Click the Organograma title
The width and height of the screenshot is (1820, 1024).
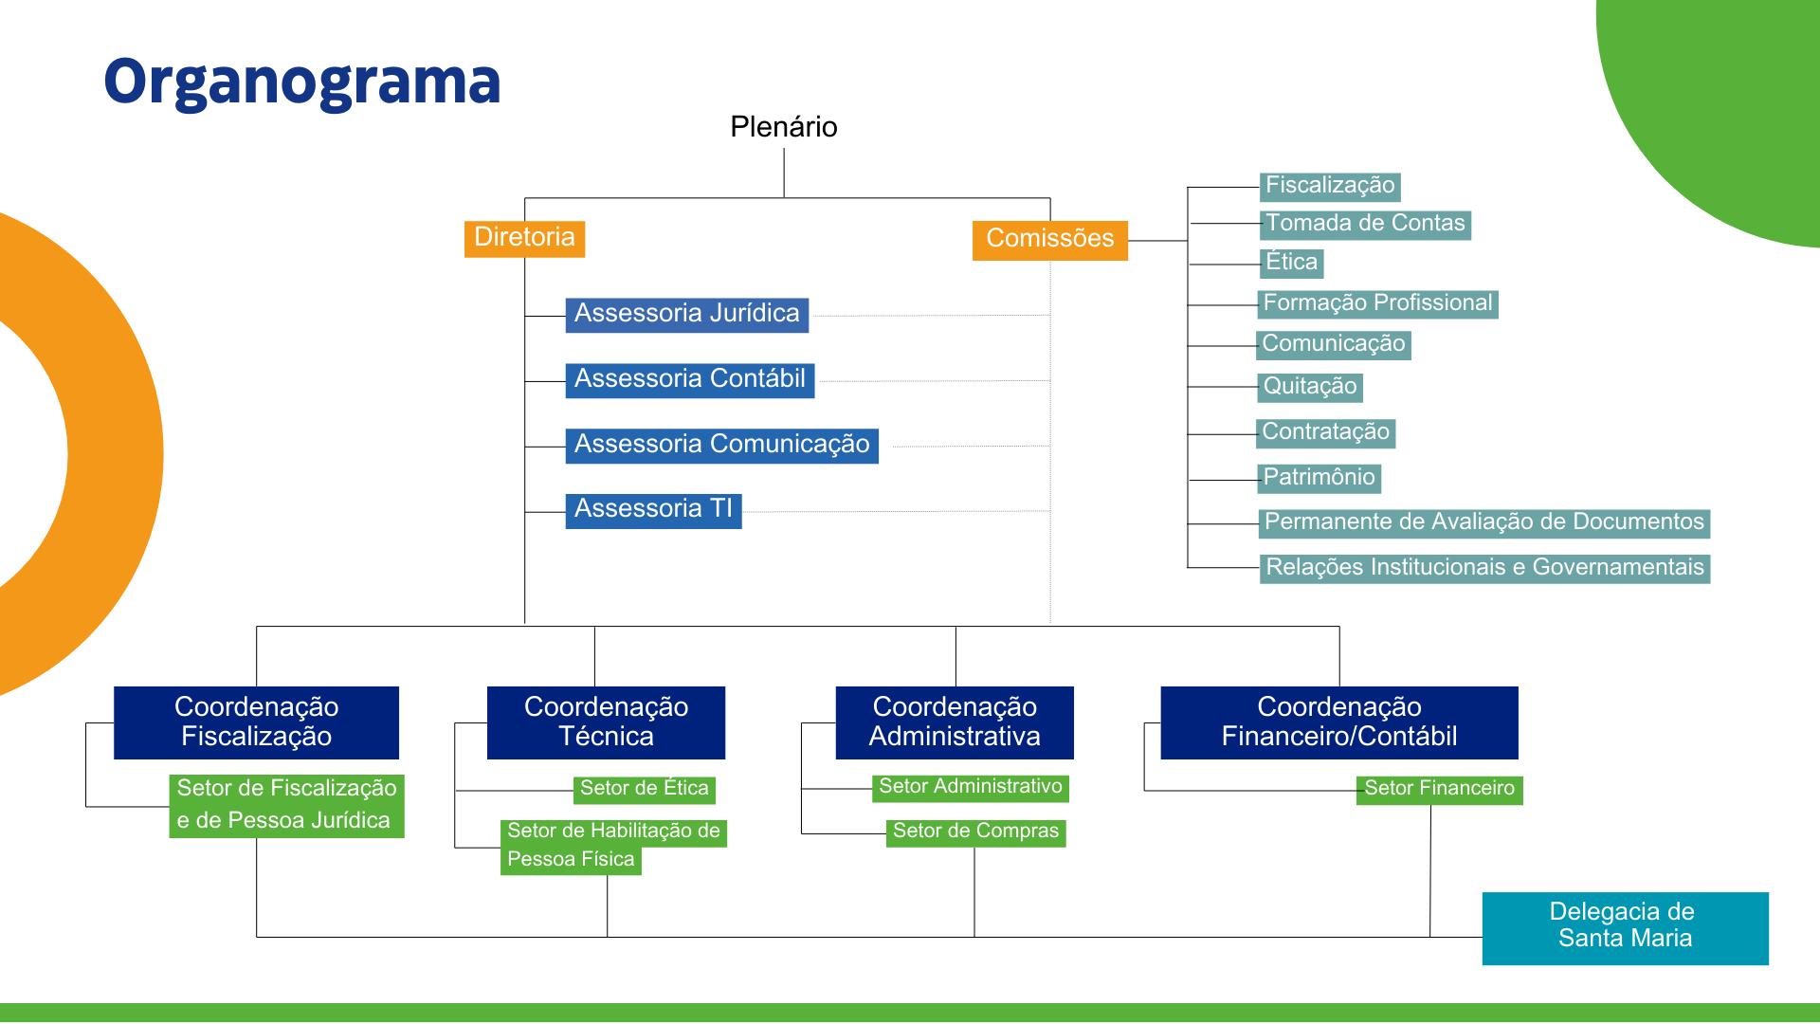[x=301, y=82]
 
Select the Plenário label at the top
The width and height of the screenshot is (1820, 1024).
[x=783, y=127]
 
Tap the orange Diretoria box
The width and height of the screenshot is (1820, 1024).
[x=524, y=238]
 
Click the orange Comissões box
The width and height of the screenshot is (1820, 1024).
[x=1049, y=239]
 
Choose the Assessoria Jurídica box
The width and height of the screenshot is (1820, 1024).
[x=686, y=315]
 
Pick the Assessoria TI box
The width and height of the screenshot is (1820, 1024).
[x=653, y=510]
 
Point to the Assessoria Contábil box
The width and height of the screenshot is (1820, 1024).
[x=689, y=380]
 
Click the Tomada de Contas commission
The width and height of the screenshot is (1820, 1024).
[x=1365, y=225]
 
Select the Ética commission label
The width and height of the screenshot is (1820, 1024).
[x=1291, y=263]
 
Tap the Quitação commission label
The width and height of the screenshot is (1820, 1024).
[x=1310, y=387]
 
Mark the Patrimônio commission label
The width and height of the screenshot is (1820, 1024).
[x=1319, y=478]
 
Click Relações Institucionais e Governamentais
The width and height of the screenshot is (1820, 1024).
[x=1484, y=568]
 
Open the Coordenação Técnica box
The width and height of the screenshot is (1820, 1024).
[x=606, y=722]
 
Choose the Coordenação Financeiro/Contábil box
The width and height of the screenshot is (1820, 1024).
[x=1338, y=722]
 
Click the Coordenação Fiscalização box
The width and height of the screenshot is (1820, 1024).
[x=256, y=722]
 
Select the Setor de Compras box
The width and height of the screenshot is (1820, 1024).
[x=975, y=832]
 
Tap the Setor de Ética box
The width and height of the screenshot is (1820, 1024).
[x=644, y=790]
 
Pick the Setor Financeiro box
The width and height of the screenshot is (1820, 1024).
[x=1439, y=790]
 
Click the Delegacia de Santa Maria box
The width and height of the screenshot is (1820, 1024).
[x=1625, y=927]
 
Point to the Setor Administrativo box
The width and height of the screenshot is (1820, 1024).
[x=970, y=788]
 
